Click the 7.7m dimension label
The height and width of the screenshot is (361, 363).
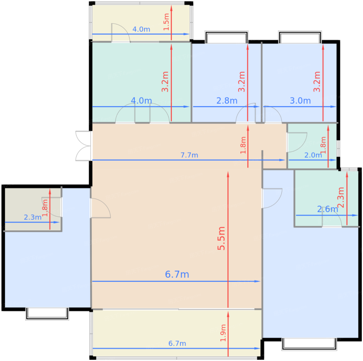189,155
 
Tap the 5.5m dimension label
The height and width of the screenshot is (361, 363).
221,238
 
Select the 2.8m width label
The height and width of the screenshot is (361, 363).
227,101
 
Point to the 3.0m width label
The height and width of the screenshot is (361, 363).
300,101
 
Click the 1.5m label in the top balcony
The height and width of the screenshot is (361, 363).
166,22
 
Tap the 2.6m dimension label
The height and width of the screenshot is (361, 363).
327,209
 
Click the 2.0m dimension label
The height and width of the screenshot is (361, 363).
313,155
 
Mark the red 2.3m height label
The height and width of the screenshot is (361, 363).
341,197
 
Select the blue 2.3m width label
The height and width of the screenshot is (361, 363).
33,217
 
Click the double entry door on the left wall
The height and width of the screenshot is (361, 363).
83,146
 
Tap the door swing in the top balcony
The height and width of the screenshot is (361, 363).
121,33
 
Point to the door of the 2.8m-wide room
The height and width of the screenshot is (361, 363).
246,113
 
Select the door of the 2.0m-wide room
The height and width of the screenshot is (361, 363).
297,142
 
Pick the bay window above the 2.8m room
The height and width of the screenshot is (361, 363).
226,37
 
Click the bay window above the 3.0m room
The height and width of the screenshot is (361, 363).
300,37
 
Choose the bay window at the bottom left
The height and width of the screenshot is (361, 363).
47,314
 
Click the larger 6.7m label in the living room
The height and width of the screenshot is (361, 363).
177,274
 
